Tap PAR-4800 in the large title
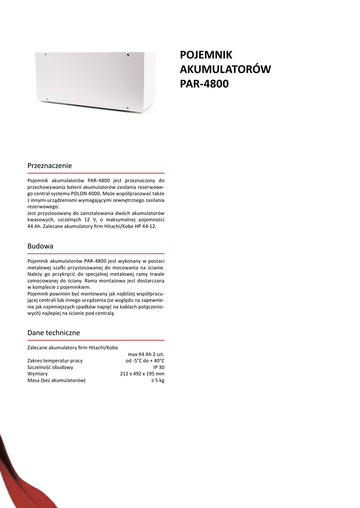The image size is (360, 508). pyautogui.click(x=204, y=84)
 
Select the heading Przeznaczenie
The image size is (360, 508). pyautogui.click(x=50, y=165)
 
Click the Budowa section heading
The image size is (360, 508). pyautogui.click(x=40, y=246)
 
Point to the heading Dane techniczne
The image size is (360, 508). pyautogui.click(x=54, y=332)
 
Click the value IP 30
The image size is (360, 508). pyautogui.click(x=158, y=367)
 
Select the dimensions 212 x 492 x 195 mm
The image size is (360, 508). pyautogui.click(x=142, y=374)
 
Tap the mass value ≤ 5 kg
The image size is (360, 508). pyautogui.click(x=158, y=380)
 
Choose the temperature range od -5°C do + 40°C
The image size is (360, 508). pyautogui.click(x=144, y=361)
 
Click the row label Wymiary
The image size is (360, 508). pyautogui.click(x=37, y=374)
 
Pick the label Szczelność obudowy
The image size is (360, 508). pyautogui.click(x=50, y=367)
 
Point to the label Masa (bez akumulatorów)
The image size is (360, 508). pyautogui.click(x=56, y=380)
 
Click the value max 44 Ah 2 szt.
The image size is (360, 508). pyautogui.click(x=146, y=354)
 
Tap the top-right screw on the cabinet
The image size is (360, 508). pyautogui.click(x=129, y=55)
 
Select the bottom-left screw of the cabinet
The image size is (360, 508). pyautogui.click(x=47, y=99)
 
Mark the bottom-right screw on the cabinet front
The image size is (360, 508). pyautogui.click(x=128, y=108)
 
